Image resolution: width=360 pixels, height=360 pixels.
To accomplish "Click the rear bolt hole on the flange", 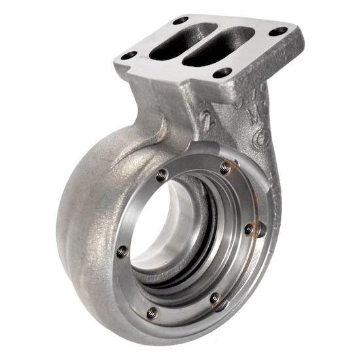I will tap(180, 20).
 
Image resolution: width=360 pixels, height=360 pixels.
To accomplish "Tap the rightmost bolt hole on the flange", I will tap(278, 31).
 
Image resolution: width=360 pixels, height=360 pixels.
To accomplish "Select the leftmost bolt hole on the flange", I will tap(128, 55).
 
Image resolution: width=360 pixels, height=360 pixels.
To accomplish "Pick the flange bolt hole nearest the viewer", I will tap(223, 72).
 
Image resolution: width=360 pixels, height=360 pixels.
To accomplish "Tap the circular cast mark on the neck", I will tap(261, 138).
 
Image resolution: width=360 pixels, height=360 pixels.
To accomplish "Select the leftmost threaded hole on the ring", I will tap(122, 251).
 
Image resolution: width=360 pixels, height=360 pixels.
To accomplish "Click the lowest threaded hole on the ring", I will tap(152, 313).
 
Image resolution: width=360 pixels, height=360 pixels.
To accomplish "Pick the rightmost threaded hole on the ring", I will tap(249, 228).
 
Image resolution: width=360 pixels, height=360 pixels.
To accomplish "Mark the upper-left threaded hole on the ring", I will tap(162, 174).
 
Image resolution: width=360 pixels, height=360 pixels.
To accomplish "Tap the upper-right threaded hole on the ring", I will tap(225, 168).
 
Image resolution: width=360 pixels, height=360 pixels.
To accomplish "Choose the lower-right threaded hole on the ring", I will tap(215, 298).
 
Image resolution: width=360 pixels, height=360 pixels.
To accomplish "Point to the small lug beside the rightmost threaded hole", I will tap(261, 229).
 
